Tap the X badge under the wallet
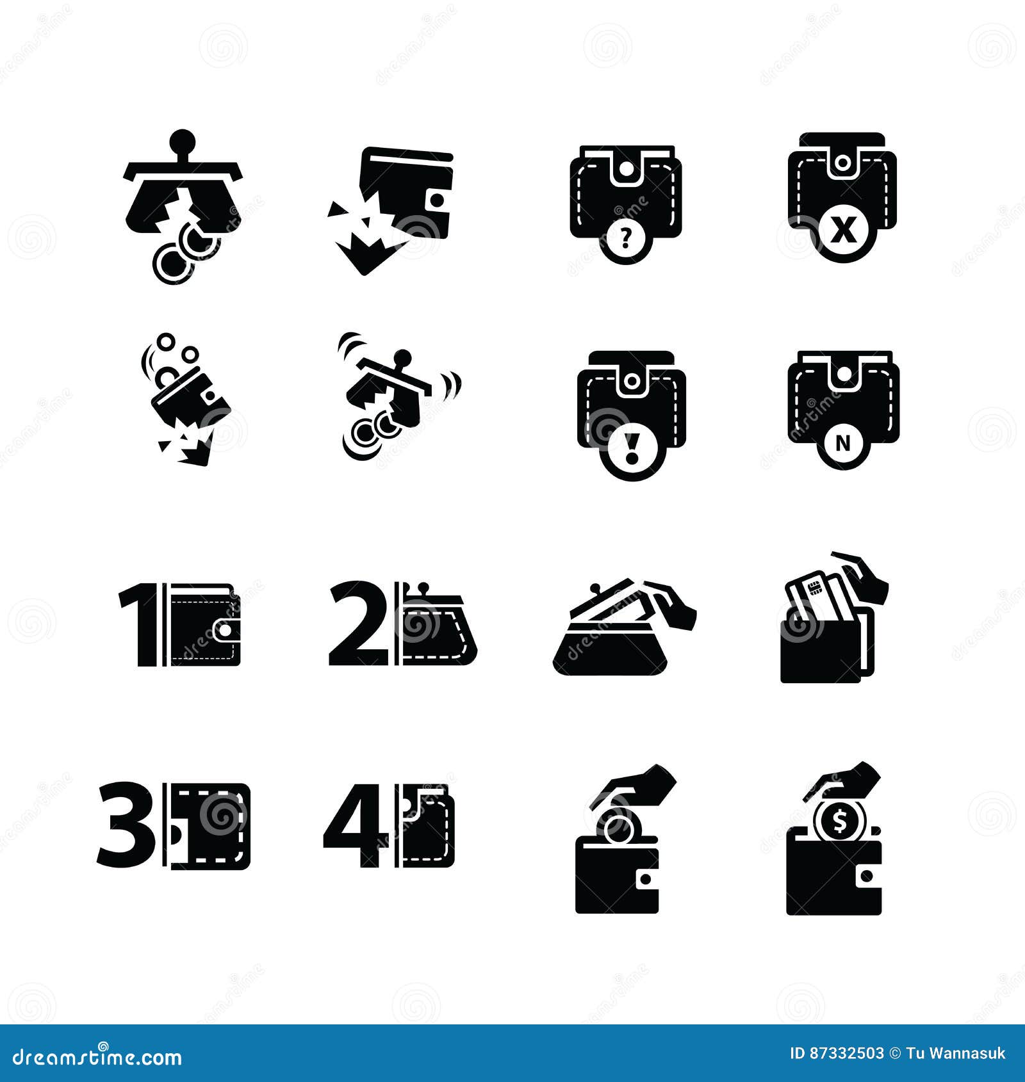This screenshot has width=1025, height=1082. [x=842, y=231]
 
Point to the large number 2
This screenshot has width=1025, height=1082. [x=358, y=624]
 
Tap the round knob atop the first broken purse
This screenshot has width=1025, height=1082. [x=183, y=139]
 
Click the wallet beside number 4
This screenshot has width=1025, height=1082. [x=429, y=826]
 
